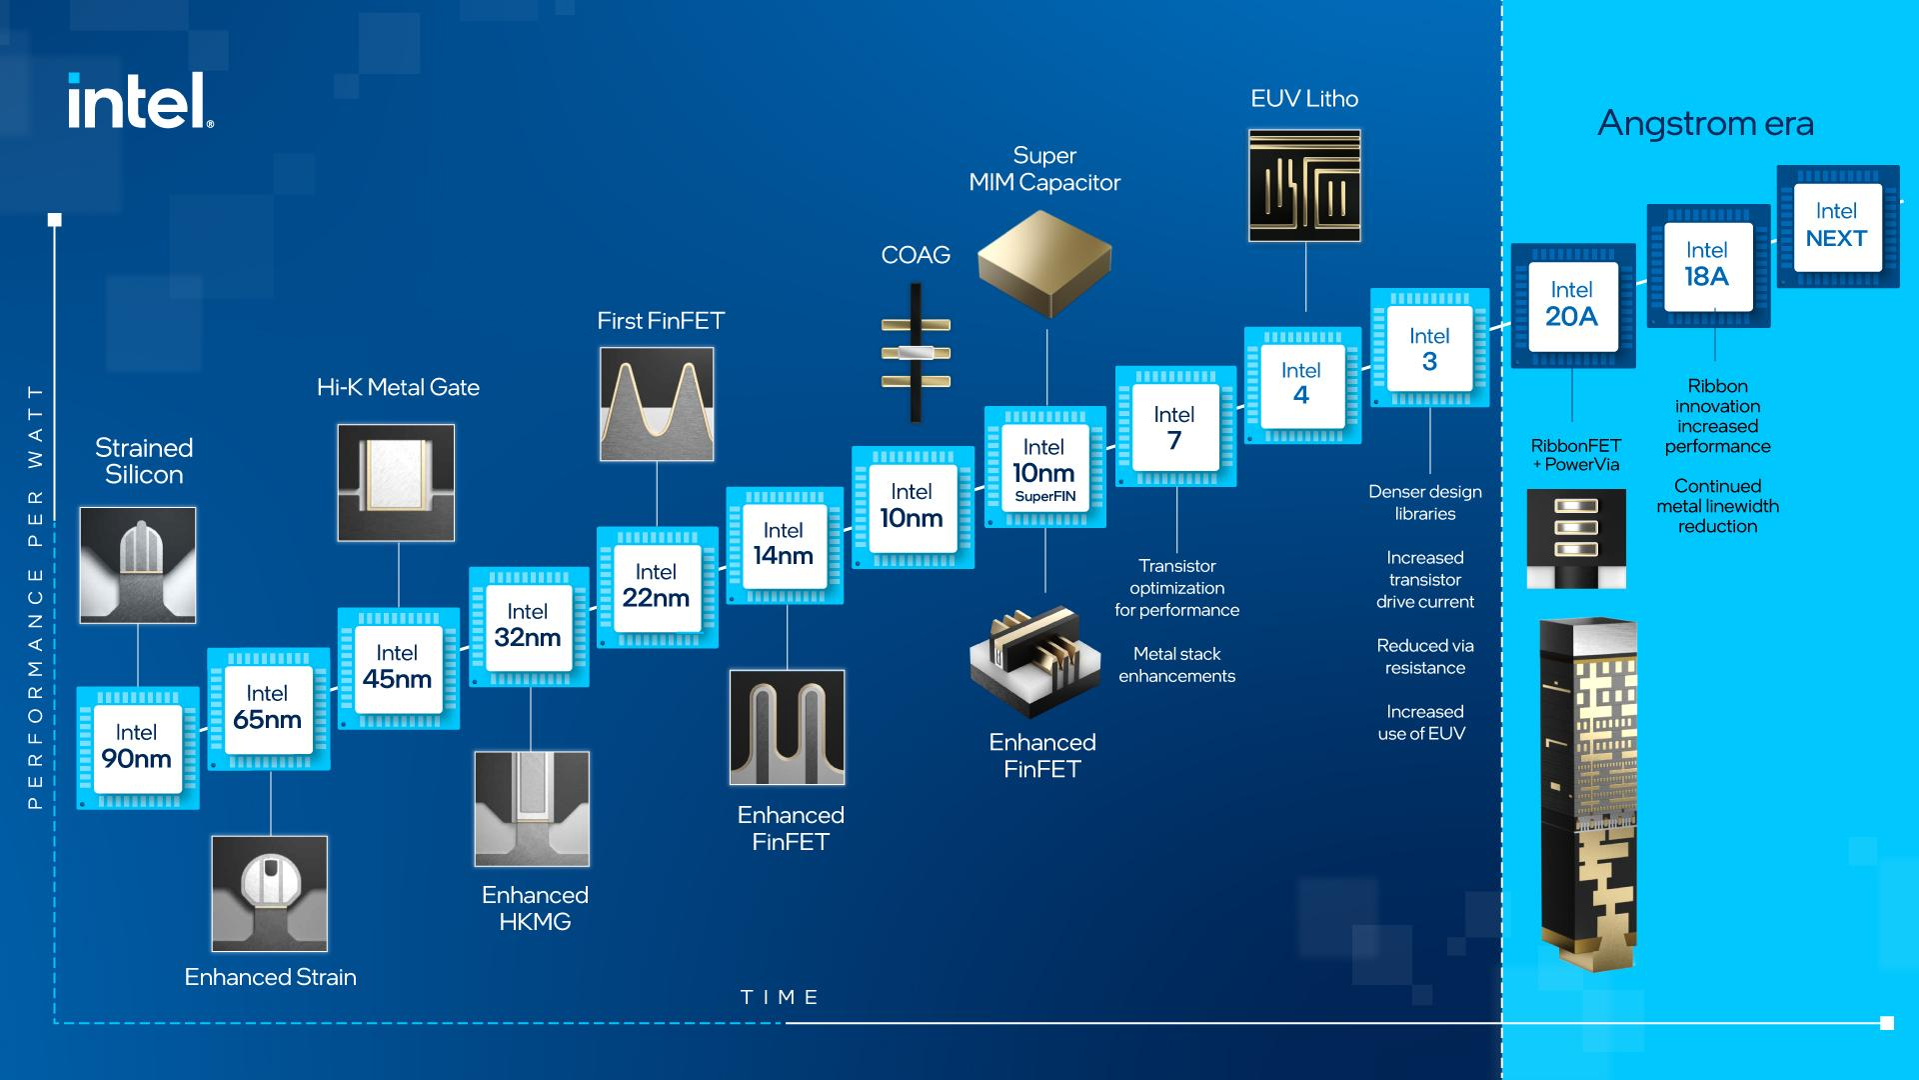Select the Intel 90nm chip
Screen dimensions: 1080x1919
(138, 748)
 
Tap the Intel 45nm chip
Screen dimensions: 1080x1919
(398, 668)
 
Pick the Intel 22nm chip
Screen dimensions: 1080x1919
(657, 587)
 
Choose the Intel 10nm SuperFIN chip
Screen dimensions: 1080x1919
(1044, 467)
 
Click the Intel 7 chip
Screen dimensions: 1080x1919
(1175, 427)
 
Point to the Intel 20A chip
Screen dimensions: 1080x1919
(1572, 305)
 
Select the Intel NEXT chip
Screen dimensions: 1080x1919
(1837, 226)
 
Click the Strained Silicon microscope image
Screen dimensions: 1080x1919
(137, 565)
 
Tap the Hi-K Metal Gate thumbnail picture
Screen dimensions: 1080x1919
(396, 482)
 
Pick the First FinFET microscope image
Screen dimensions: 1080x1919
(657, 404)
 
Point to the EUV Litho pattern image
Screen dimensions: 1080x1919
(1304, 185)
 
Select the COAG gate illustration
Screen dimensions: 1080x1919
(916, 352)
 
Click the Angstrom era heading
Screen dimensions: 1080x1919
(1705, 123)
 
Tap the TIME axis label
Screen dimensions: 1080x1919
(780, 997)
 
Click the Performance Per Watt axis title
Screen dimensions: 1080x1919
(36, 596)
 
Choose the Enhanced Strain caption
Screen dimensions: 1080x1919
(270, 977)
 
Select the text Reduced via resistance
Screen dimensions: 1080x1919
(1424, 657)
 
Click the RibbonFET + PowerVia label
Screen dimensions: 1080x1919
(1575, 455)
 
